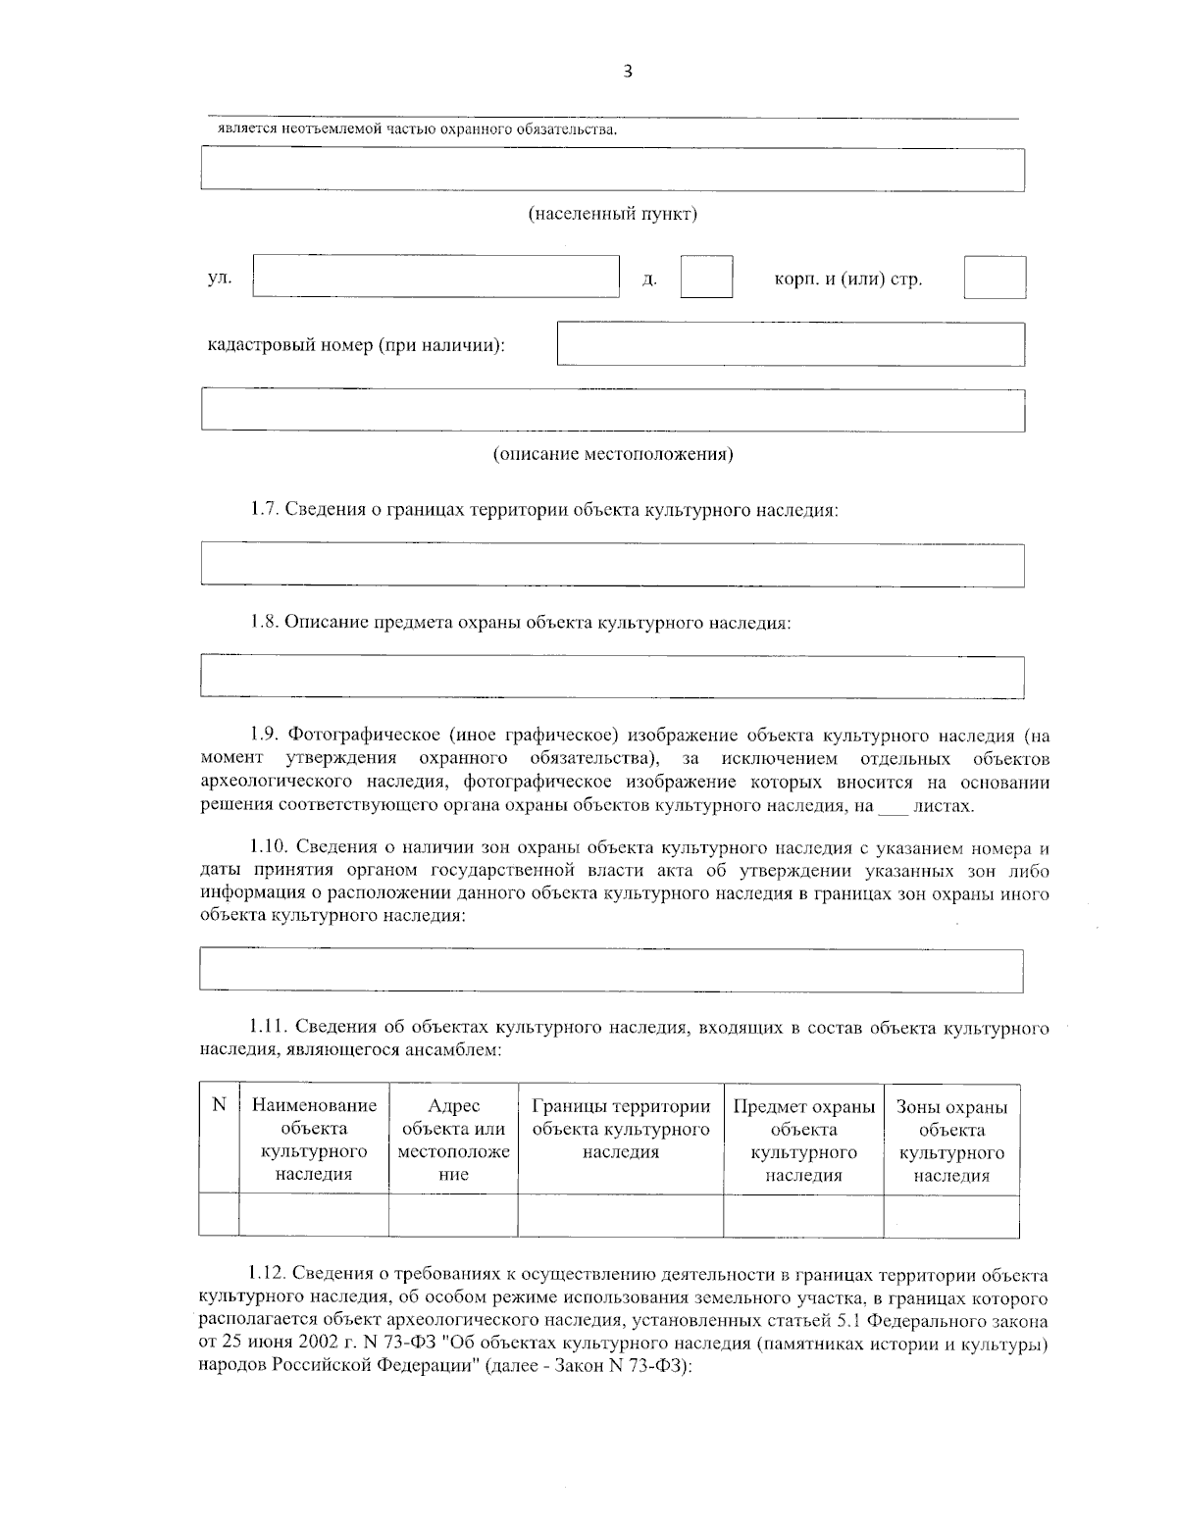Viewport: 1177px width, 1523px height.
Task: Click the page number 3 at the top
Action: pos(628,71)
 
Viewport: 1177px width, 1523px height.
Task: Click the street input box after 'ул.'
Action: pos(435,277)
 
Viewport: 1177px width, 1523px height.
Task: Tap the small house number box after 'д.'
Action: pos(706,277)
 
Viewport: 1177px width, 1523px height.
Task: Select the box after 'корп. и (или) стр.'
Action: pos(994,278)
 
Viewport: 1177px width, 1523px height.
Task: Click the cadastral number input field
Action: pos(790,344)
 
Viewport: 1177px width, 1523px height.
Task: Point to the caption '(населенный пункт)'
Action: pos(613,214)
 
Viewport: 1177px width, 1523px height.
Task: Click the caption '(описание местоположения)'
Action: pos(613,454)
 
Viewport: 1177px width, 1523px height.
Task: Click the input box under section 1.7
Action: pos(612,566)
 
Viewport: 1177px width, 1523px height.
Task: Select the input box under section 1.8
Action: pos(612,678)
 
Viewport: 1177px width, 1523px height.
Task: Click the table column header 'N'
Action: pos(219,1106)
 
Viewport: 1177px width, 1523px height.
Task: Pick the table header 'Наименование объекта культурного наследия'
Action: pos(314,1140)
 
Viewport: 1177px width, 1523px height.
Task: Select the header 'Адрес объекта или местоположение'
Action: pos(453,1140)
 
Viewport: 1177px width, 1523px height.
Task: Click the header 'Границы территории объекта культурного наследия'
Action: pos(620,1129)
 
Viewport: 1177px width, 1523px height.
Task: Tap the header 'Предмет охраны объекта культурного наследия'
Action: pos(803,1140)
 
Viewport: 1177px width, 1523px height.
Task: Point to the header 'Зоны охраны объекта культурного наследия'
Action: pos(951,1141)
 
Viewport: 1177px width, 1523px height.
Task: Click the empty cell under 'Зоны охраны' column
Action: pos(951,1215)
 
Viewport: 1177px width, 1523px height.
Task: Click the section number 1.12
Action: pos(266,1275)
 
